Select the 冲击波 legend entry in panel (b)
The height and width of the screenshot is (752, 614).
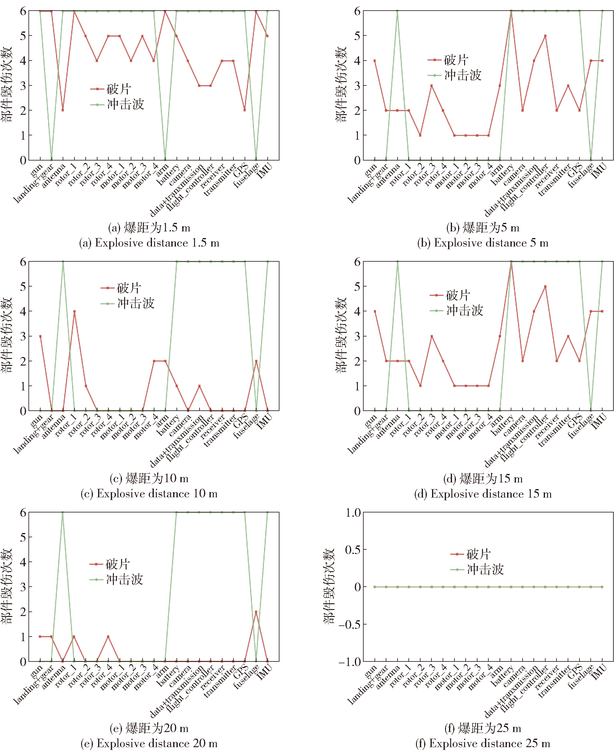coord(455,75)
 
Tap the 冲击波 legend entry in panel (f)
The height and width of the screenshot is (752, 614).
coord(477,569)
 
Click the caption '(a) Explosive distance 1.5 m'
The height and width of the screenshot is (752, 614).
coord(149,243)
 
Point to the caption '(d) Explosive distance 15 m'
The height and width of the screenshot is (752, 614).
coord(483,494)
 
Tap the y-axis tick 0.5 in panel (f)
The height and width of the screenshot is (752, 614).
coord(353,550)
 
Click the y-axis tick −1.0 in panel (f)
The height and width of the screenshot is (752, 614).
coord(349,662)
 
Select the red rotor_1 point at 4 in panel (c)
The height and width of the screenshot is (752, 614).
coord(74,311)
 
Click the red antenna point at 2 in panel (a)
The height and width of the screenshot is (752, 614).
coord(63,110)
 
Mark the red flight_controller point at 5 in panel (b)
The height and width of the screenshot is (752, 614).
coord(545,36)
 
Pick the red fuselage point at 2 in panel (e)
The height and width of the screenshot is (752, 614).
coord(256,611)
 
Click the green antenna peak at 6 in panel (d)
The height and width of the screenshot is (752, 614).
coord(398,262)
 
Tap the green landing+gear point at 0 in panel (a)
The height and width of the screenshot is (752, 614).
coord(52,160)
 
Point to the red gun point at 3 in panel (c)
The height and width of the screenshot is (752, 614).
coord(40,336)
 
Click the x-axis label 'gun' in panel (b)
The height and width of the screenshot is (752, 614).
coord(370,171)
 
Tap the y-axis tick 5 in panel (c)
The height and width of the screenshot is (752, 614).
coord(23,287)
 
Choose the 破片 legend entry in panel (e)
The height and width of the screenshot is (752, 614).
coord(110,564)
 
